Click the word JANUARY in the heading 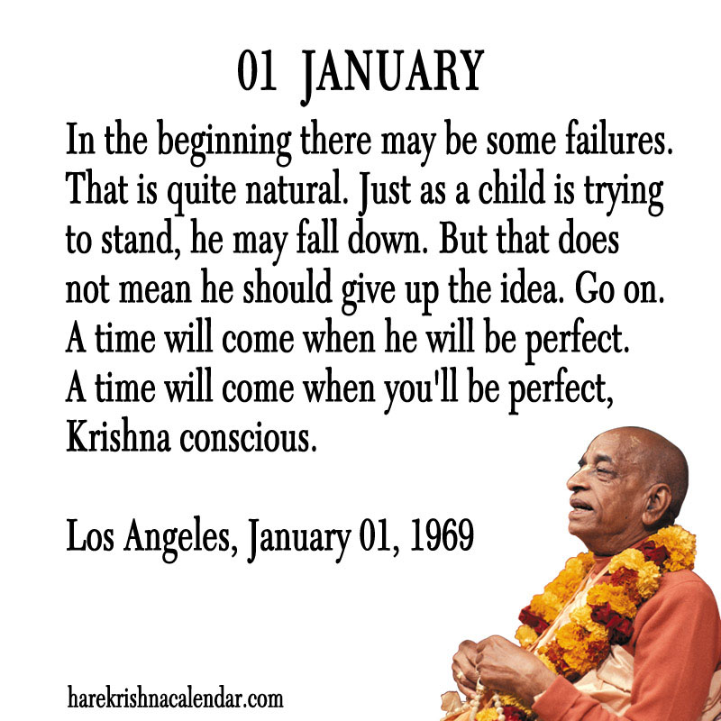click(392, 74)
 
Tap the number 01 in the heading click(257, 70)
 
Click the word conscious click(249, 437)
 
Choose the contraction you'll click(421, 388)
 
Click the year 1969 click(442, 534)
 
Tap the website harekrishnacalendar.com click(175, 697)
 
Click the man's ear click(656, 505)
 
